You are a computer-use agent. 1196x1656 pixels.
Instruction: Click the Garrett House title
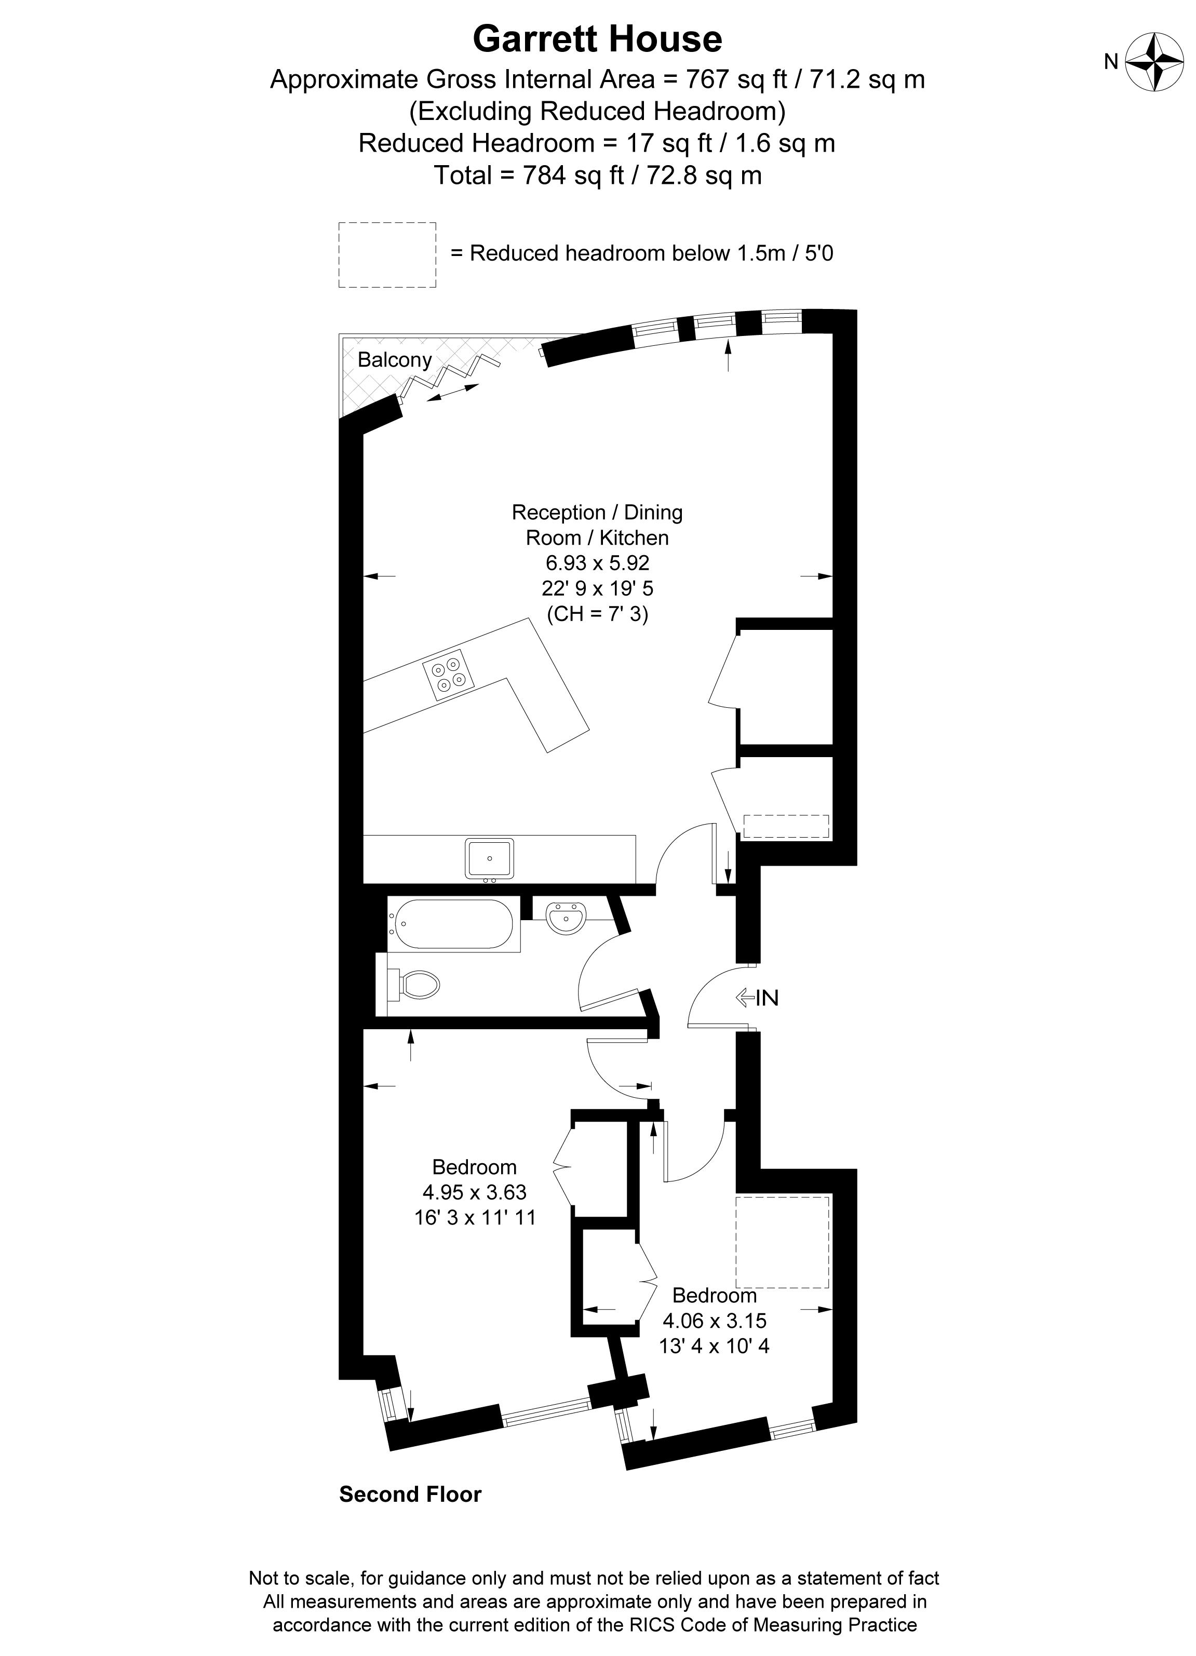(x=597, y=39)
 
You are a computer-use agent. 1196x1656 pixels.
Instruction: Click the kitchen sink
(x=489, y=859)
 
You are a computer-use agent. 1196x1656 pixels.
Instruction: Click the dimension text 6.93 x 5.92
(x=597, y=563)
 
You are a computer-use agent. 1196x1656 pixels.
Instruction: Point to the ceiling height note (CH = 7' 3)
(x=597, y=614)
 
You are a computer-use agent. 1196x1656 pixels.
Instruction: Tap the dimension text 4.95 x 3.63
(x=475, y=1192)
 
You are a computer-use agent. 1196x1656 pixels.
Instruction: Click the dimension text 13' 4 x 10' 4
(x=714, y=1345)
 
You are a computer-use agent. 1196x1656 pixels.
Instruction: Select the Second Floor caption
(x=410, y=1495)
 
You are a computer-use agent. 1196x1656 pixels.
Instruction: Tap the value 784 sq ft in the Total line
(x=570, y=175)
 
